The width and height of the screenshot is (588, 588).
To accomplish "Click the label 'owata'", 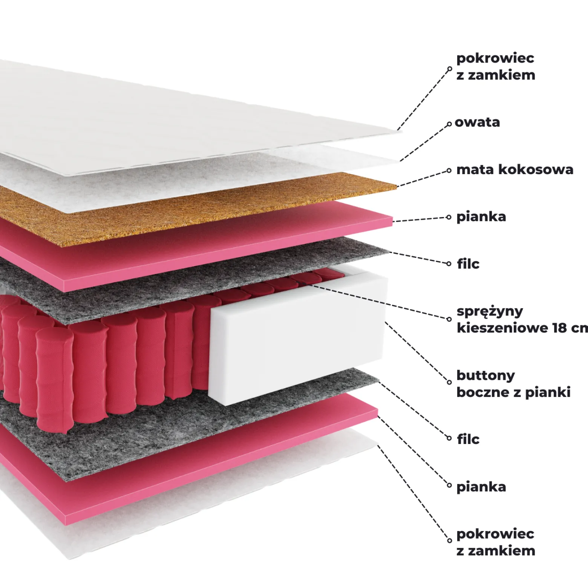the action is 477,122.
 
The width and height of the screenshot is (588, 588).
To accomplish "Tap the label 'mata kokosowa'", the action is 515,170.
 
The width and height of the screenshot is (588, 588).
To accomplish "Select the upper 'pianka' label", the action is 481,217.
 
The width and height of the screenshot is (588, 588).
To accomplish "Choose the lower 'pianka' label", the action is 481,487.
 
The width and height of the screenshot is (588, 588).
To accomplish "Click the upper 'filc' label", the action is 468,263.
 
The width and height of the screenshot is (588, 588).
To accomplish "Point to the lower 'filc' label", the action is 468,439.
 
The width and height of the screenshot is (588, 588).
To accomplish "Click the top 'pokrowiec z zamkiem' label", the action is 496,67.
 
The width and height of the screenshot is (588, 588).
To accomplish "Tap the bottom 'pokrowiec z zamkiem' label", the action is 496,542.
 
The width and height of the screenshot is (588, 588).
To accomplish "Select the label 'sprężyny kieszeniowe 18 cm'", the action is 522,320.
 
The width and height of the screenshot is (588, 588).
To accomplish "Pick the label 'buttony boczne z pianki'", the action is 513,384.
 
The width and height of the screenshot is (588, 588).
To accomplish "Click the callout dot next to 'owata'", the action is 449,124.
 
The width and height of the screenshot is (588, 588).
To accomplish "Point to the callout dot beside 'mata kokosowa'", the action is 449,170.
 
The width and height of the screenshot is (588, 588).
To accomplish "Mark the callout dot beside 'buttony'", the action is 449,382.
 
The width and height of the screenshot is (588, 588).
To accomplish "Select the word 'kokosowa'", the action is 536,170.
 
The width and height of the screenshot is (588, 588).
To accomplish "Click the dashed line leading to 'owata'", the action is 424,142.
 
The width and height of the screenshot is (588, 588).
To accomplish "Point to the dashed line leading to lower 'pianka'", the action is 413,451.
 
